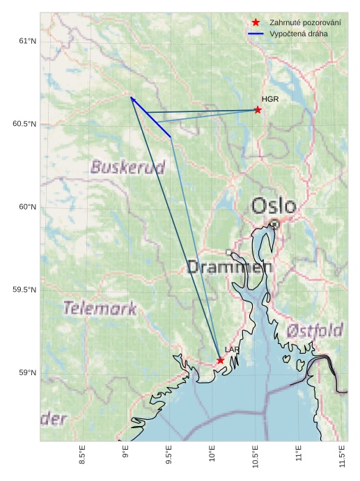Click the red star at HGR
pos(258,110)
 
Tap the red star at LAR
pos(220,361)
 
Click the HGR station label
pos(270,100)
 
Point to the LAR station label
pos(232,350)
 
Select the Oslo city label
pos(274,206)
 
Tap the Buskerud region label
pos(127,167)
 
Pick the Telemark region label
pos(100,308)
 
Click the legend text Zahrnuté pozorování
pos(305,23)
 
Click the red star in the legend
pos(256,23)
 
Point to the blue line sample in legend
pos(256,33)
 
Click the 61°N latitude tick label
pos(27,42)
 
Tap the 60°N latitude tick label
pos(27,207)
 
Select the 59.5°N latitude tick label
pos(24,290)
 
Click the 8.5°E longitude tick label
pos(83,457)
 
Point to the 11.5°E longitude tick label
pos(343,457)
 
